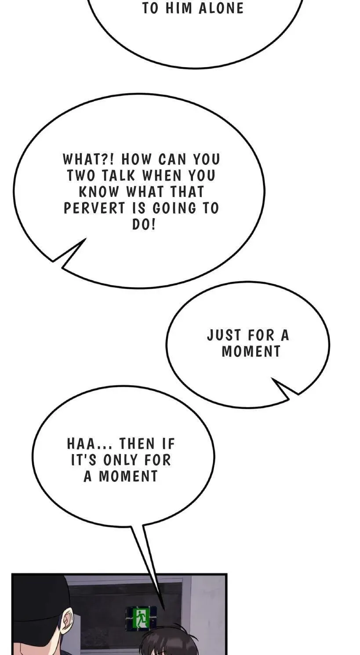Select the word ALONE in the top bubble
pos(221,8)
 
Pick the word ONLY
pos(120,460)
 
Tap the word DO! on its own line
pos(144,224)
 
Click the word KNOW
pos(99,192)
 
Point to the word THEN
pos(137,444)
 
